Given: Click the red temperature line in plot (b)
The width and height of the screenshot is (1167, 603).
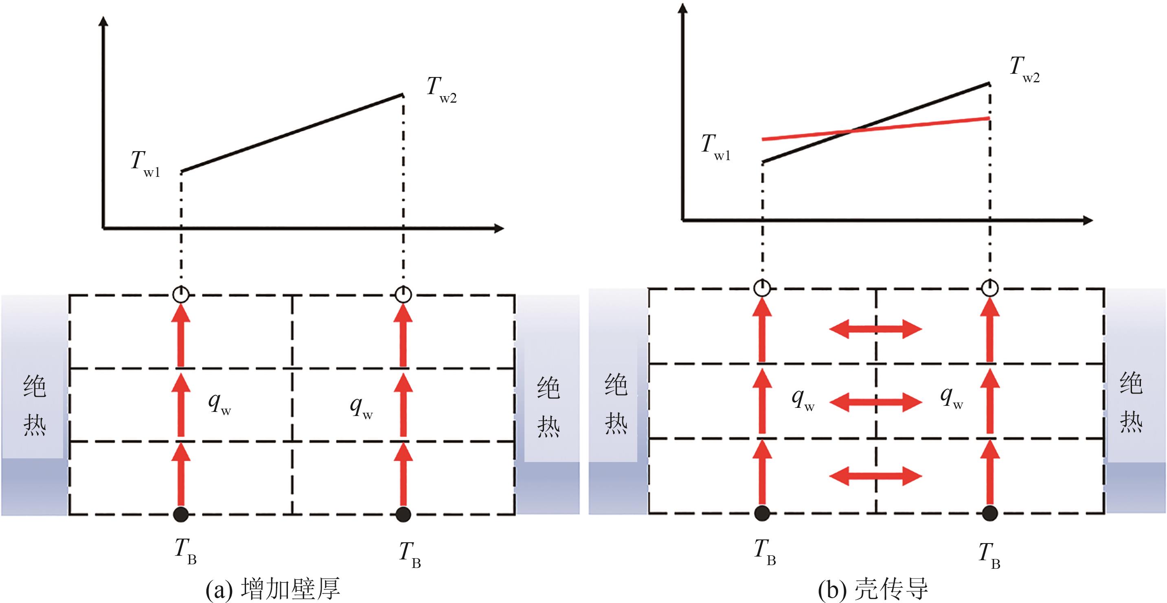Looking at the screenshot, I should click(x=874, y=129).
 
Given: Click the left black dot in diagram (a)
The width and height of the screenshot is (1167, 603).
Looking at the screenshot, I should click(x=181, y=514).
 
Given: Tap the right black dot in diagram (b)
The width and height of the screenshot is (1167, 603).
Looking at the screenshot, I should click(x=989, y=513).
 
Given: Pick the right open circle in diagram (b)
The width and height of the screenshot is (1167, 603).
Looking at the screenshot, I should click(x=989, y=288).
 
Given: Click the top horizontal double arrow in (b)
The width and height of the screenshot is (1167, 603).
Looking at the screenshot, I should click(x=875, y=329).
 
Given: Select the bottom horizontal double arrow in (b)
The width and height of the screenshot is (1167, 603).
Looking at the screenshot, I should click(x=875, y=475).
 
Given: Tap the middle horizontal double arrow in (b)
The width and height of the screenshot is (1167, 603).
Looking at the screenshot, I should click(x=875, y=402).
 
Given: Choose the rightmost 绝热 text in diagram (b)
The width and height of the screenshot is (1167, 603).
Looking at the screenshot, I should click(x=1131, y=402).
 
